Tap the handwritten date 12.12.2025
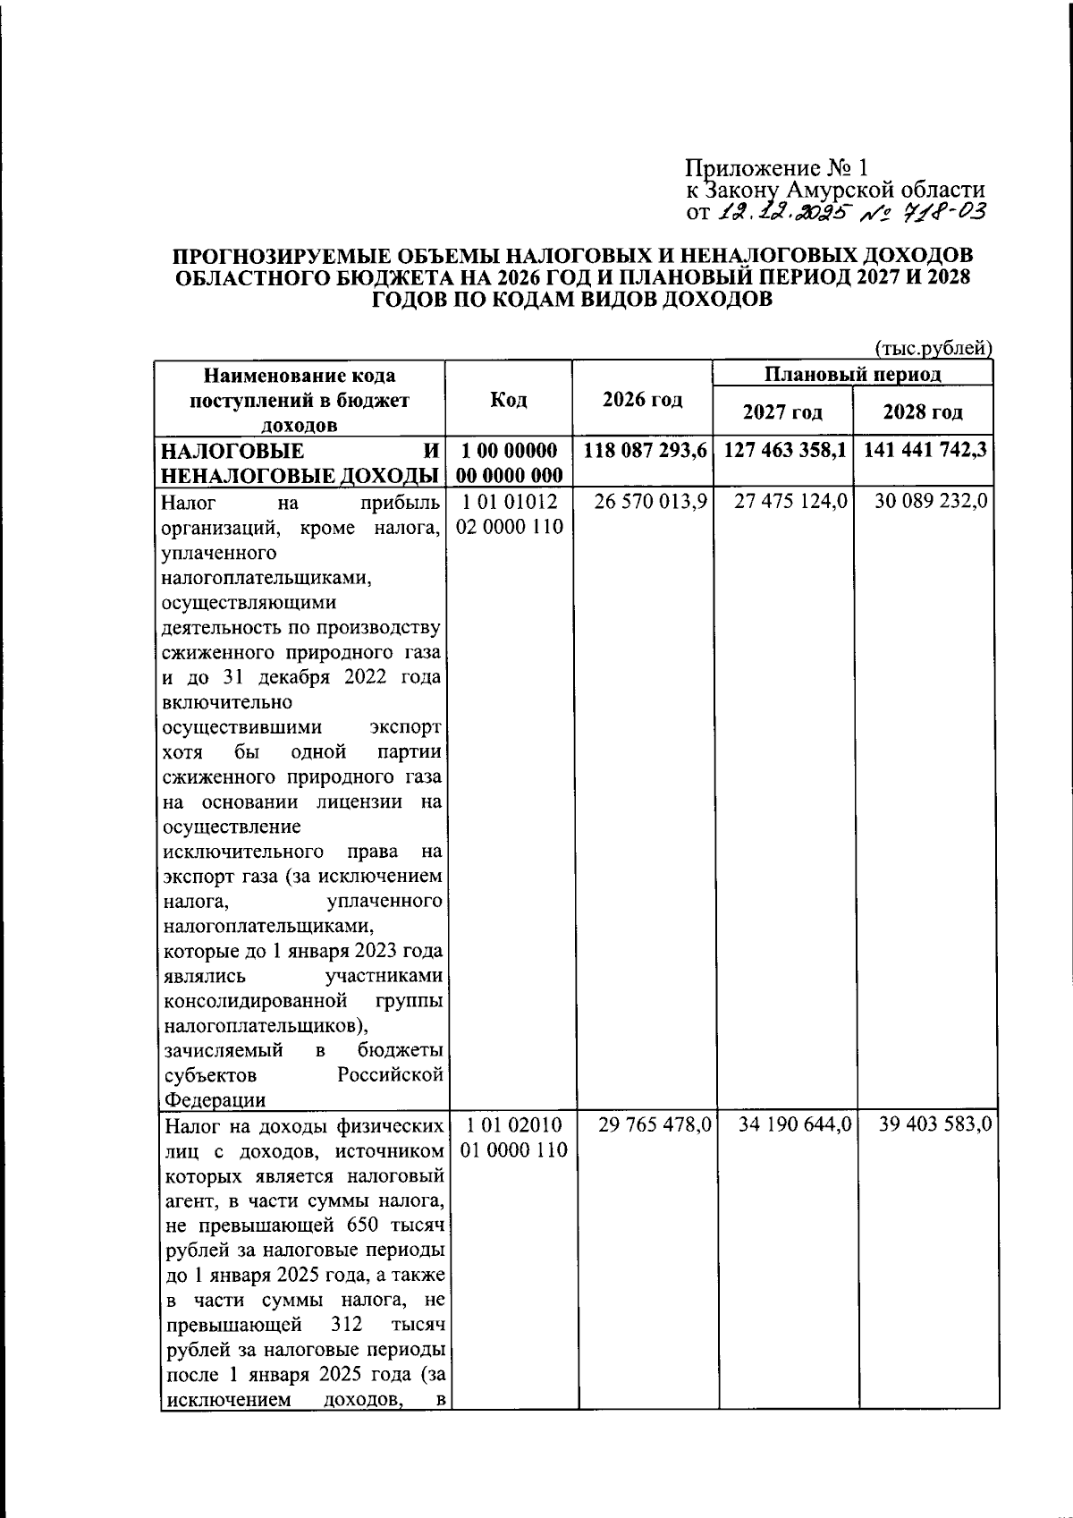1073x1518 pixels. [x=781, y=213]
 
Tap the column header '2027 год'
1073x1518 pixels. [x=783, y=412]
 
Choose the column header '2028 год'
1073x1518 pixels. [x=923, y=412]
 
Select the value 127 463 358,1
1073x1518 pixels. [x=784, y=450]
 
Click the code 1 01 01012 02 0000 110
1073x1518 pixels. [x=509, y=513]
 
